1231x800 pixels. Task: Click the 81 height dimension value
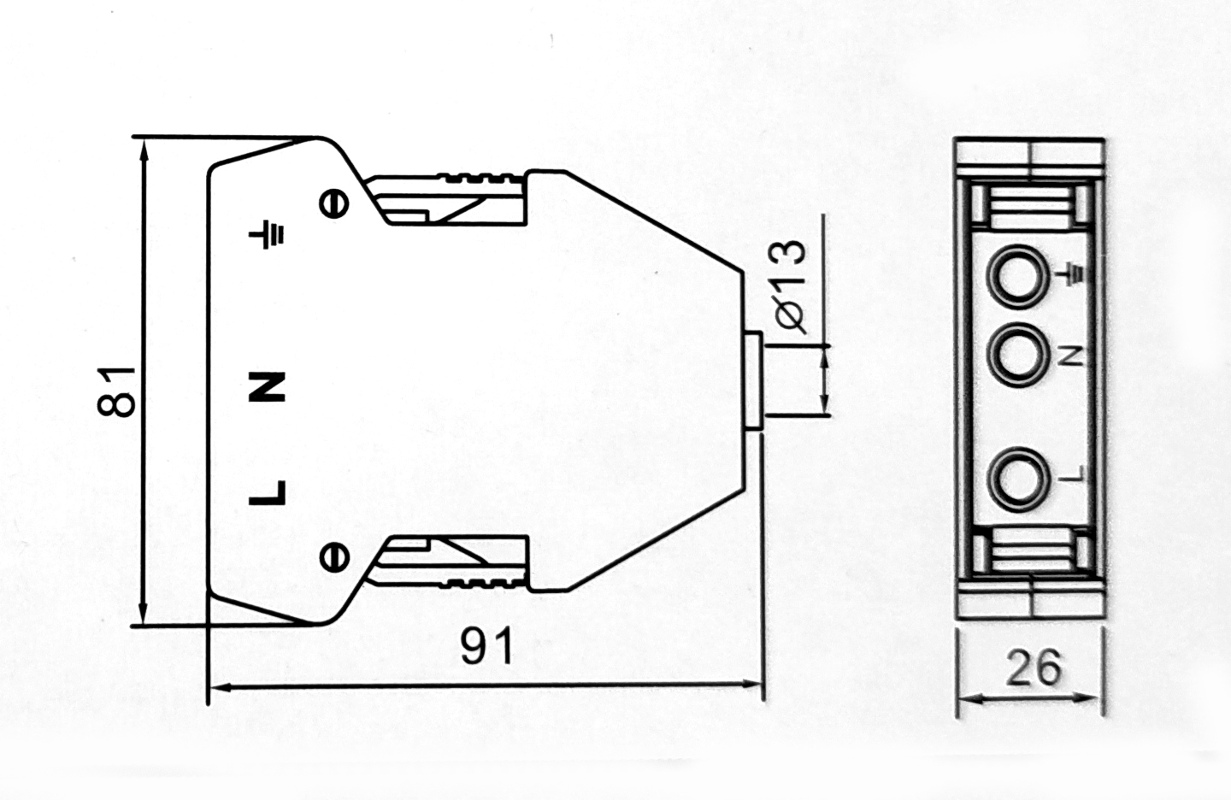click(x=115, y=391)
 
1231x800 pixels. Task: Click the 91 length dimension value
click(x=486, y=646)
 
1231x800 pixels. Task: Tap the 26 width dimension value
click(x=1033, y=668)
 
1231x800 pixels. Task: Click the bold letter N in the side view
click(x=267, y=387)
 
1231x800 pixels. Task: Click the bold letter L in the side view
click(x=267, y=492)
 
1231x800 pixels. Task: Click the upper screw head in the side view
click(x=334, y=203)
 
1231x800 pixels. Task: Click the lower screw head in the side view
click(x=334, y=556)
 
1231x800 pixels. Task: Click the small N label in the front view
click(x=1070, y=357)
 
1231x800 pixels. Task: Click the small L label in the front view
click(x=1070, y=475)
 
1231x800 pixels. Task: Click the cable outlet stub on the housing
click(x=753, y=381)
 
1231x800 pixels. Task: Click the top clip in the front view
click(x=1030, y=208)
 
